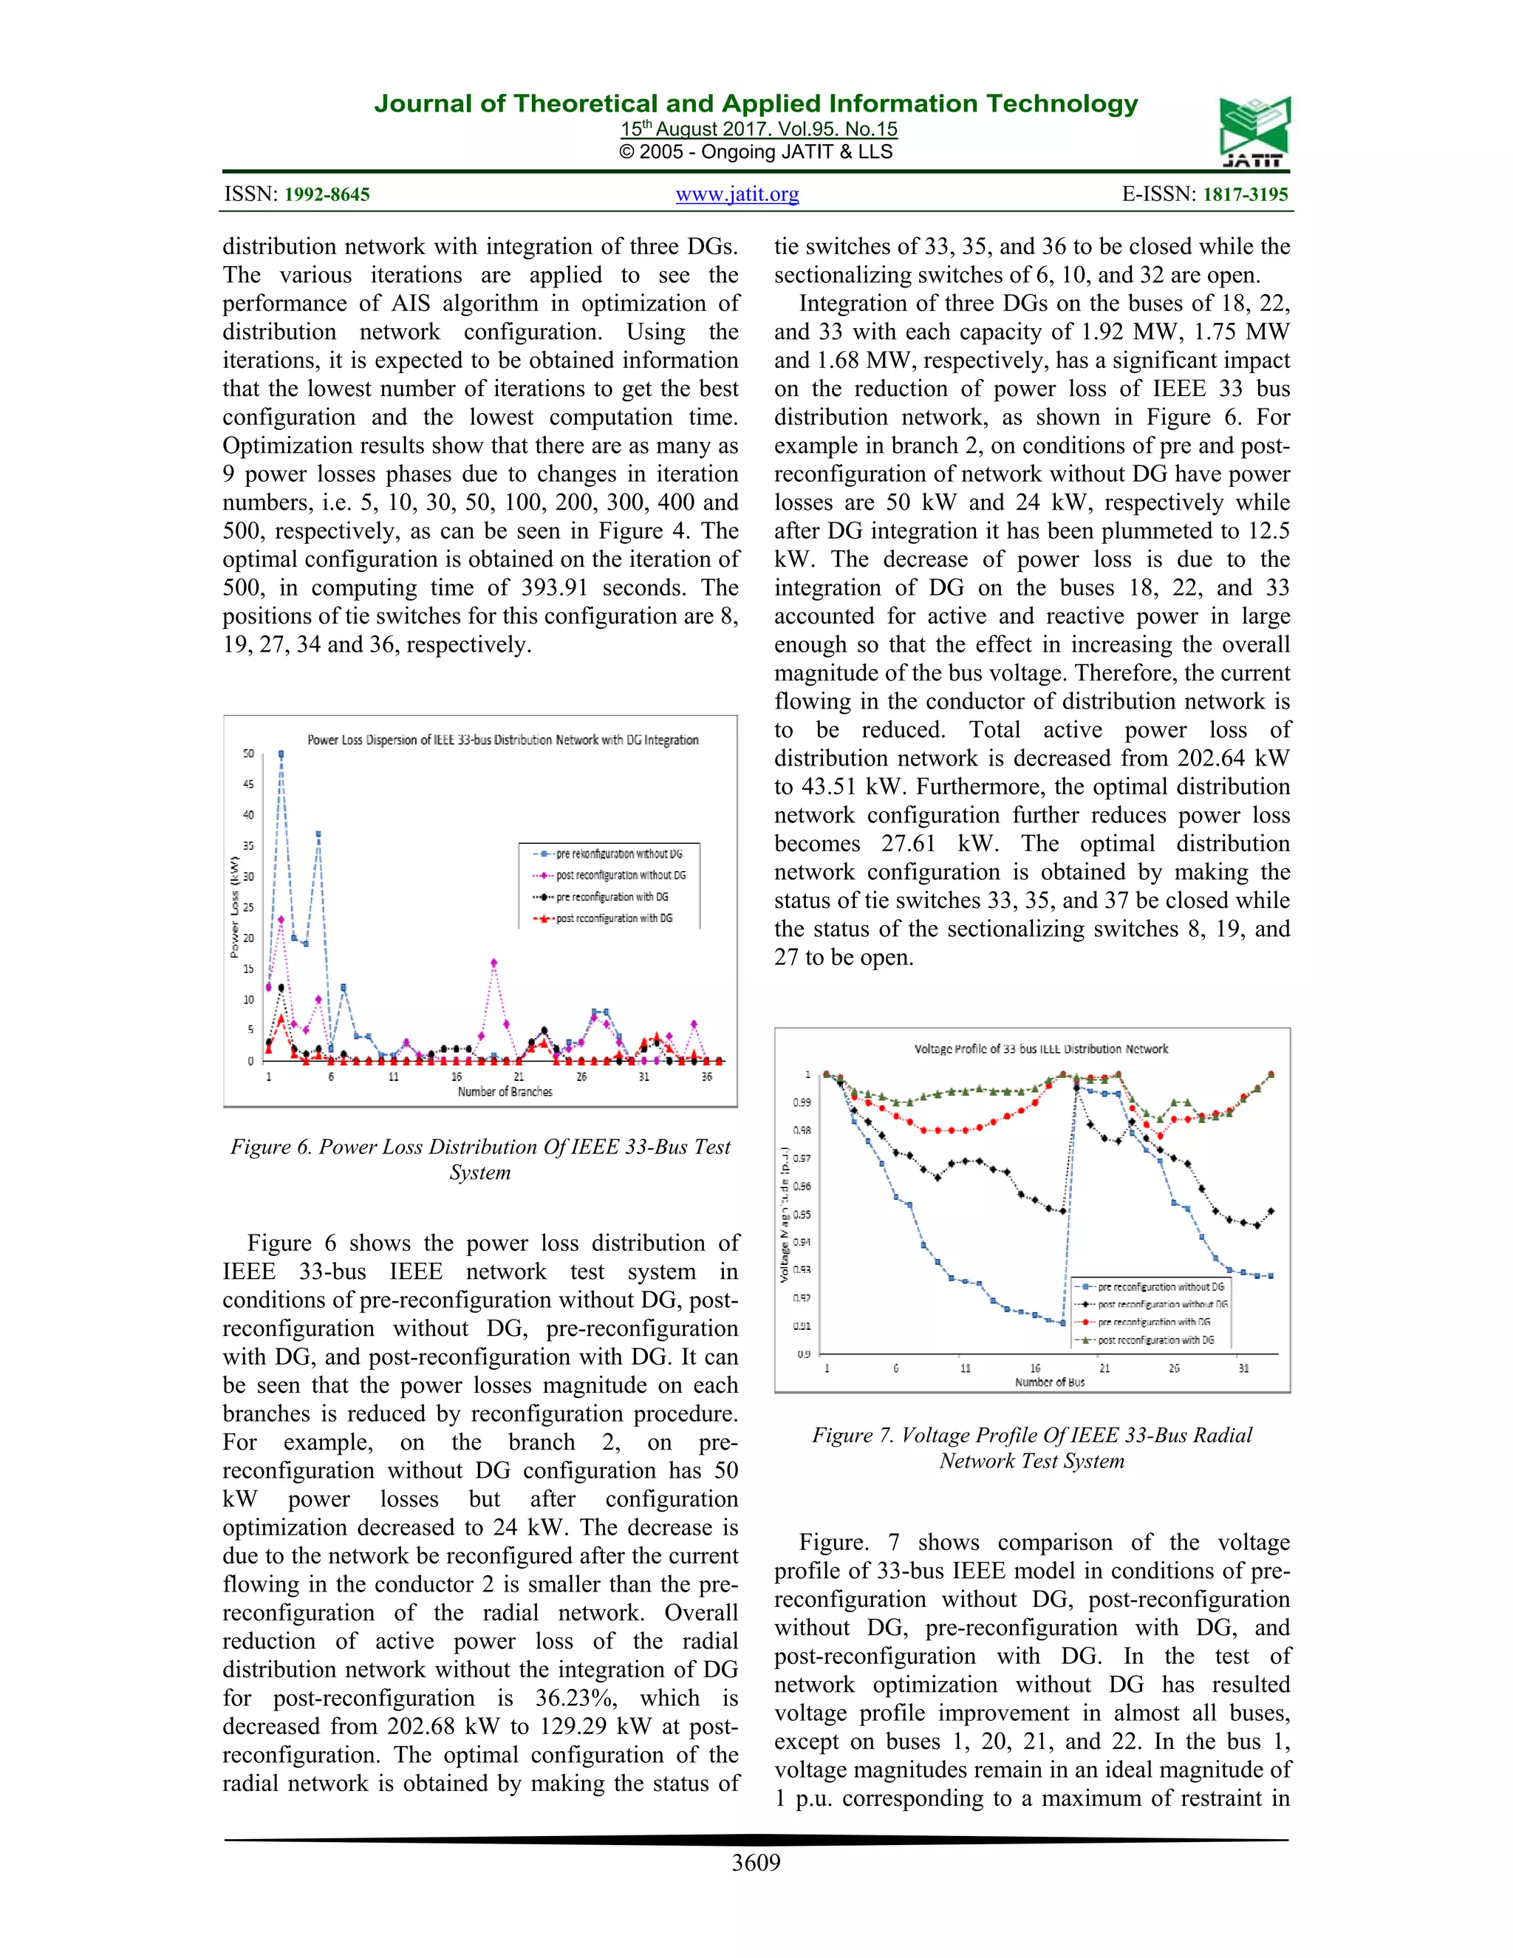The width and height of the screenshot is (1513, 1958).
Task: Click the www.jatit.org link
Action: (x=737, y=194)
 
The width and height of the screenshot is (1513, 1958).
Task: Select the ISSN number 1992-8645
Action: (x=327, y=194)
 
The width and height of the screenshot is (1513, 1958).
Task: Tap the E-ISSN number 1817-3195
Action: (x=1245, y=194)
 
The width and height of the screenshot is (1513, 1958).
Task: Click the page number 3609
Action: (x=756, y=1862)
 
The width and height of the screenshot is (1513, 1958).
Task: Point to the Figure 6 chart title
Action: (x=503, y=740)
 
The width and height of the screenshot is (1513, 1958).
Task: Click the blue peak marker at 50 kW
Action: (x=281, y=755)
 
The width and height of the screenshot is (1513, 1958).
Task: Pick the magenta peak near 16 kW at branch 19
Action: (x=494, y=963)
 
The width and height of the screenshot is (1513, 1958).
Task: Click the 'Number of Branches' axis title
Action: (x=505, y=1092)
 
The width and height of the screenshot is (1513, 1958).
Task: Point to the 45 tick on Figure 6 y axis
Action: (x=248, y=785)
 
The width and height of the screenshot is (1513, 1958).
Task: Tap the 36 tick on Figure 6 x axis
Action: (x=706, y=1077)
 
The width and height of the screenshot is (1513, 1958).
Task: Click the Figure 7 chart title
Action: (x=1041, y=1049)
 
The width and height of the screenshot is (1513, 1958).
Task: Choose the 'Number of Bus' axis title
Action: (x=1050, y=1382)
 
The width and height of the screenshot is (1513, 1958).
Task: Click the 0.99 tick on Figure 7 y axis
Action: (x=802, y=1102)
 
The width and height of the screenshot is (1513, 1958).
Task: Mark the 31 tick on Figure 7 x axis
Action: (x=1243, y=1368)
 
